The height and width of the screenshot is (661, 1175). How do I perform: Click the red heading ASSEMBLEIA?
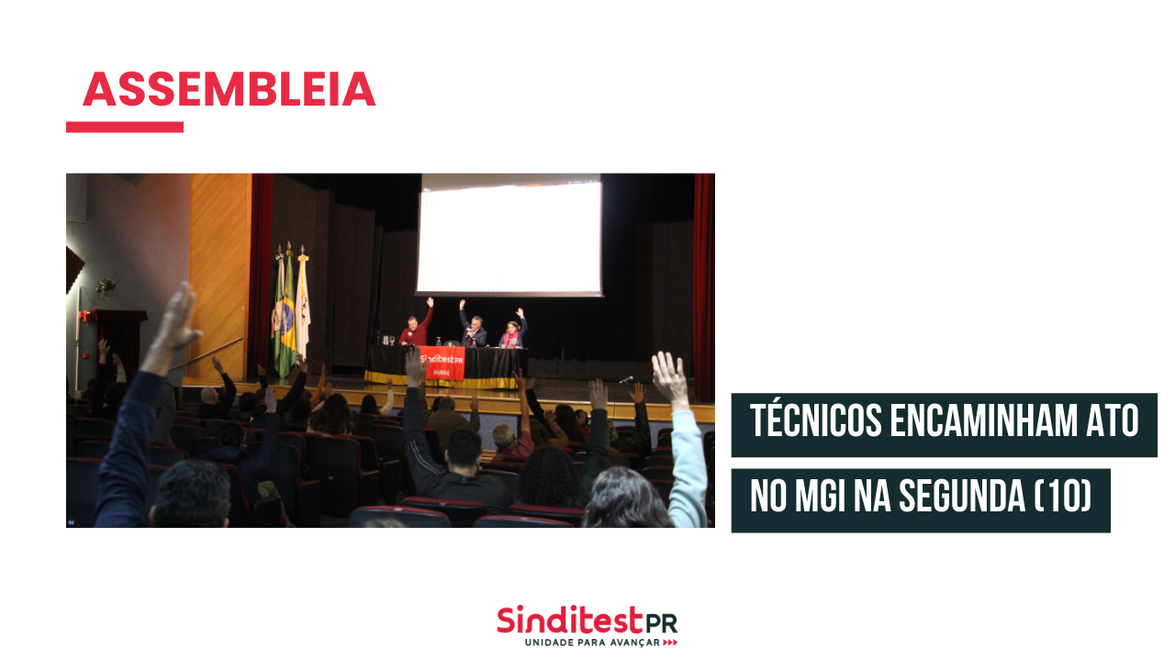point(229,89)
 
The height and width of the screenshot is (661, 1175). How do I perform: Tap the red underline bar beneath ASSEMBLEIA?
point(124,127)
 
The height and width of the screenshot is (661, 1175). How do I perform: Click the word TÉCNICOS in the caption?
point(816,420)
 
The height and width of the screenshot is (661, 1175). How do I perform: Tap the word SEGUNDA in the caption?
point(962,496)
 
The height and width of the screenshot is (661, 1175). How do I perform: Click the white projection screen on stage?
point(509,236)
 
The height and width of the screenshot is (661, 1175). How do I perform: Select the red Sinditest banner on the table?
point(442,363)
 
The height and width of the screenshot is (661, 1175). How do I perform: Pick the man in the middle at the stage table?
point(473,326)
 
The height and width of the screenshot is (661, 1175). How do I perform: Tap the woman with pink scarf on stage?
point(512,330)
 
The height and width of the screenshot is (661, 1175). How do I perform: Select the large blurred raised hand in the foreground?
point(175,321)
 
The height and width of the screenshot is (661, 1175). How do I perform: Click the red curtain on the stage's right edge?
point(704,287)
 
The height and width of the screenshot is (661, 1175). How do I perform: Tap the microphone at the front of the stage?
point(626,380)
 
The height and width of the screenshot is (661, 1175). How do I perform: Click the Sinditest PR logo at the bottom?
point(587,625)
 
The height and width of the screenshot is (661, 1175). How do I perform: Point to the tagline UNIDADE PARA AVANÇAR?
point(592,643)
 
